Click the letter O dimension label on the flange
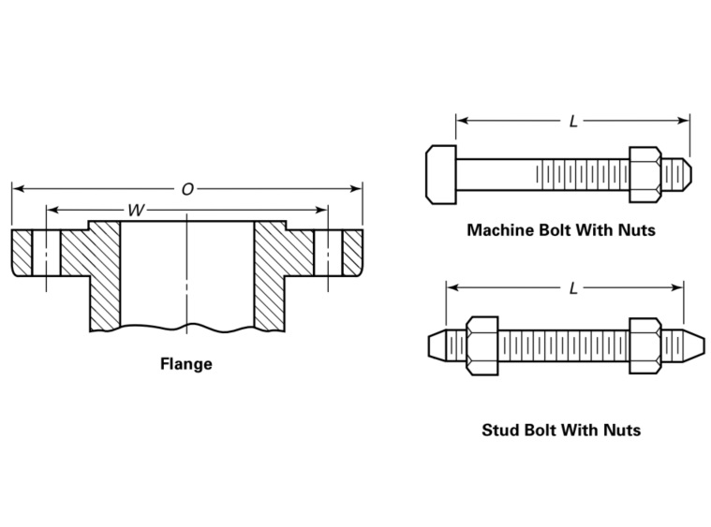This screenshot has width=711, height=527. pos(187,189)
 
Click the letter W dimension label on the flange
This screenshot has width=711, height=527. pos(136,211)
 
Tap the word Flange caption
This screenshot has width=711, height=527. pos(185,364)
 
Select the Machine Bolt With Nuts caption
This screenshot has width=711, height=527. pos(560,229)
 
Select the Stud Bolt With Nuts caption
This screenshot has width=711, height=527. pos(560,430)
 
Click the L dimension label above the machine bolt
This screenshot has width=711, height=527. pos(573,122)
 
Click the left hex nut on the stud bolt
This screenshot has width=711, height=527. pos(481,344)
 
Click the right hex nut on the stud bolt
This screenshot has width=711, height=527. pos(645,344)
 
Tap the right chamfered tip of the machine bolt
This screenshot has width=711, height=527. pos(683,173)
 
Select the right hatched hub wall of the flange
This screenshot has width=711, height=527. pos(276,271)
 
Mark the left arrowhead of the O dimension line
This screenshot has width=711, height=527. pos(17,189)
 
